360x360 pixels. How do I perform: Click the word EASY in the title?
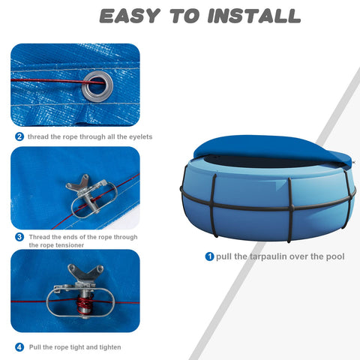point(130,16)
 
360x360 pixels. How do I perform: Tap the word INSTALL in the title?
point(254,16)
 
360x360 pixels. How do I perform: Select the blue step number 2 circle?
point(19,136)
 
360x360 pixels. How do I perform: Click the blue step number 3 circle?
point(19,237)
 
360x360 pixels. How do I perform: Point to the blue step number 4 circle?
point(19,347)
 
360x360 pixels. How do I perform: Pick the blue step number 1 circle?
point(209,256)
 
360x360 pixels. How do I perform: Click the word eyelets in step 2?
point(140,137)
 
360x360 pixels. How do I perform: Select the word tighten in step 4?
point(110,347)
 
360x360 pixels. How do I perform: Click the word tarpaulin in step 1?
point(265,256)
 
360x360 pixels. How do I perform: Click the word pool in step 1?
point(335,256)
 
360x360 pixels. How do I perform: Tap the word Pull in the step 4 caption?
point(35,347)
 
